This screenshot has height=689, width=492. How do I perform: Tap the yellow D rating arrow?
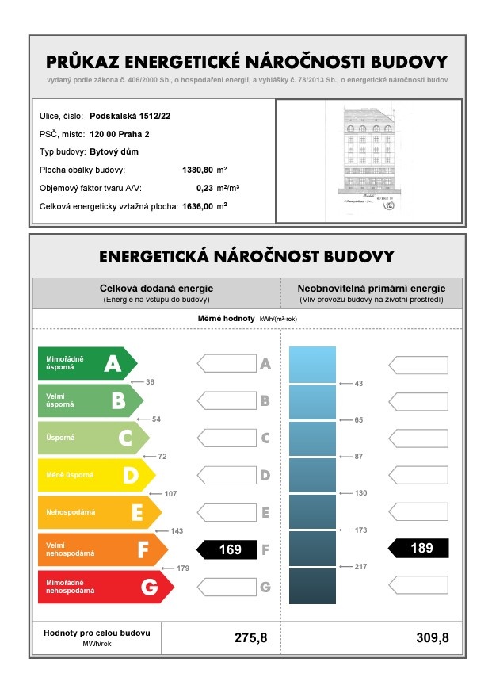(96, 475)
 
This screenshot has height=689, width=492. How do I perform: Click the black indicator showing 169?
(227, 549)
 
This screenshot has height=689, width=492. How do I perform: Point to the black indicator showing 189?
(419, 548)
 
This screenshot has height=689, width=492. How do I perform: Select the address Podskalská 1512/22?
(130, 116)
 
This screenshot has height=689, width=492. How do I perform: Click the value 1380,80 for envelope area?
(198, 170)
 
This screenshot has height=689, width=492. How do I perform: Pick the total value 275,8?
(250, 637)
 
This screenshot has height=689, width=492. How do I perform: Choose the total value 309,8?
(431, 637)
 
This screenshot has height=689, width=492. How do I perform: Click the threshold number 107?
(170, 494)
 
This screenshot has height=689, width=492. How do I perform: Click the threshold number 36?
(150, 382)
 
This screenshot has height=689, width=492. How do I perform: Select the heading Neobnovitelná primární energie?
(371, 289)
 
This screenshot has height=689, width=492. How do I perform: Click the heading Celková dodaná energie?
(155, 289)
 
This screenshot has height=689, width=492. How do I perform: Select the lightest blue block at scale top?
(312, 365)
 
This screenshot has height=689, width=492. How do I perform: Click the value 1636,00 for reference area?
(198, 207)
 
